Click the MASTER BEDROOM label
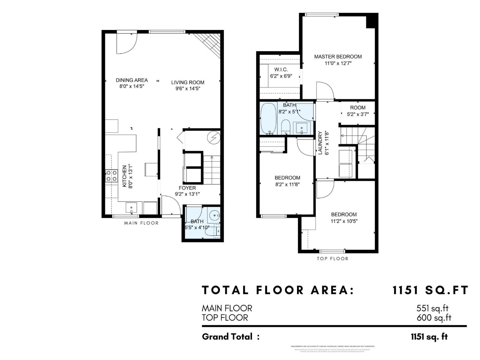(x=338, y=56)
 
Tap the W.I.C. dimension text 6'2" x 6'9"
(x=281, y=76)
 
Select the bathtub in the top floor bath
(x=268, y=118)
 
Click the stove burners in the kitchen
(x=111, y=175)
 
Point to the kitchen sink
(x=131, y=208)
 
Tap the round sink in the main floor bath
(x=214, y=215)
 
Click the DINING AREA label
(x=132, y=80)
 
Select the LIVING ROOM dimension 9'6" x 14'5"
(x=188, y=88)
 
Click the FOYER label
(x=187, y=188)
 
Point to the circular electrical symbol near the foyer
(x=214, y=138)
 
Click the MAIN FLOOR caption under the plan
(x=141, y=223)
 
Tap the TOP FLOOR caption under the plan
(x=332, y=259)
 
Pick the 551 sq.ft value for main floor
(x=432, y=308)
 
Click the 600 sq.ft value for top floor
(x=434, y=318)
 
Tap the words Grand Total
(x=227, y=337)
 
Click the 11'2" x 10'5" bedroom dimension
(x=344, y=221)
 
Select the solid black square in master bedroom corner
(x=371, y=21)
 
